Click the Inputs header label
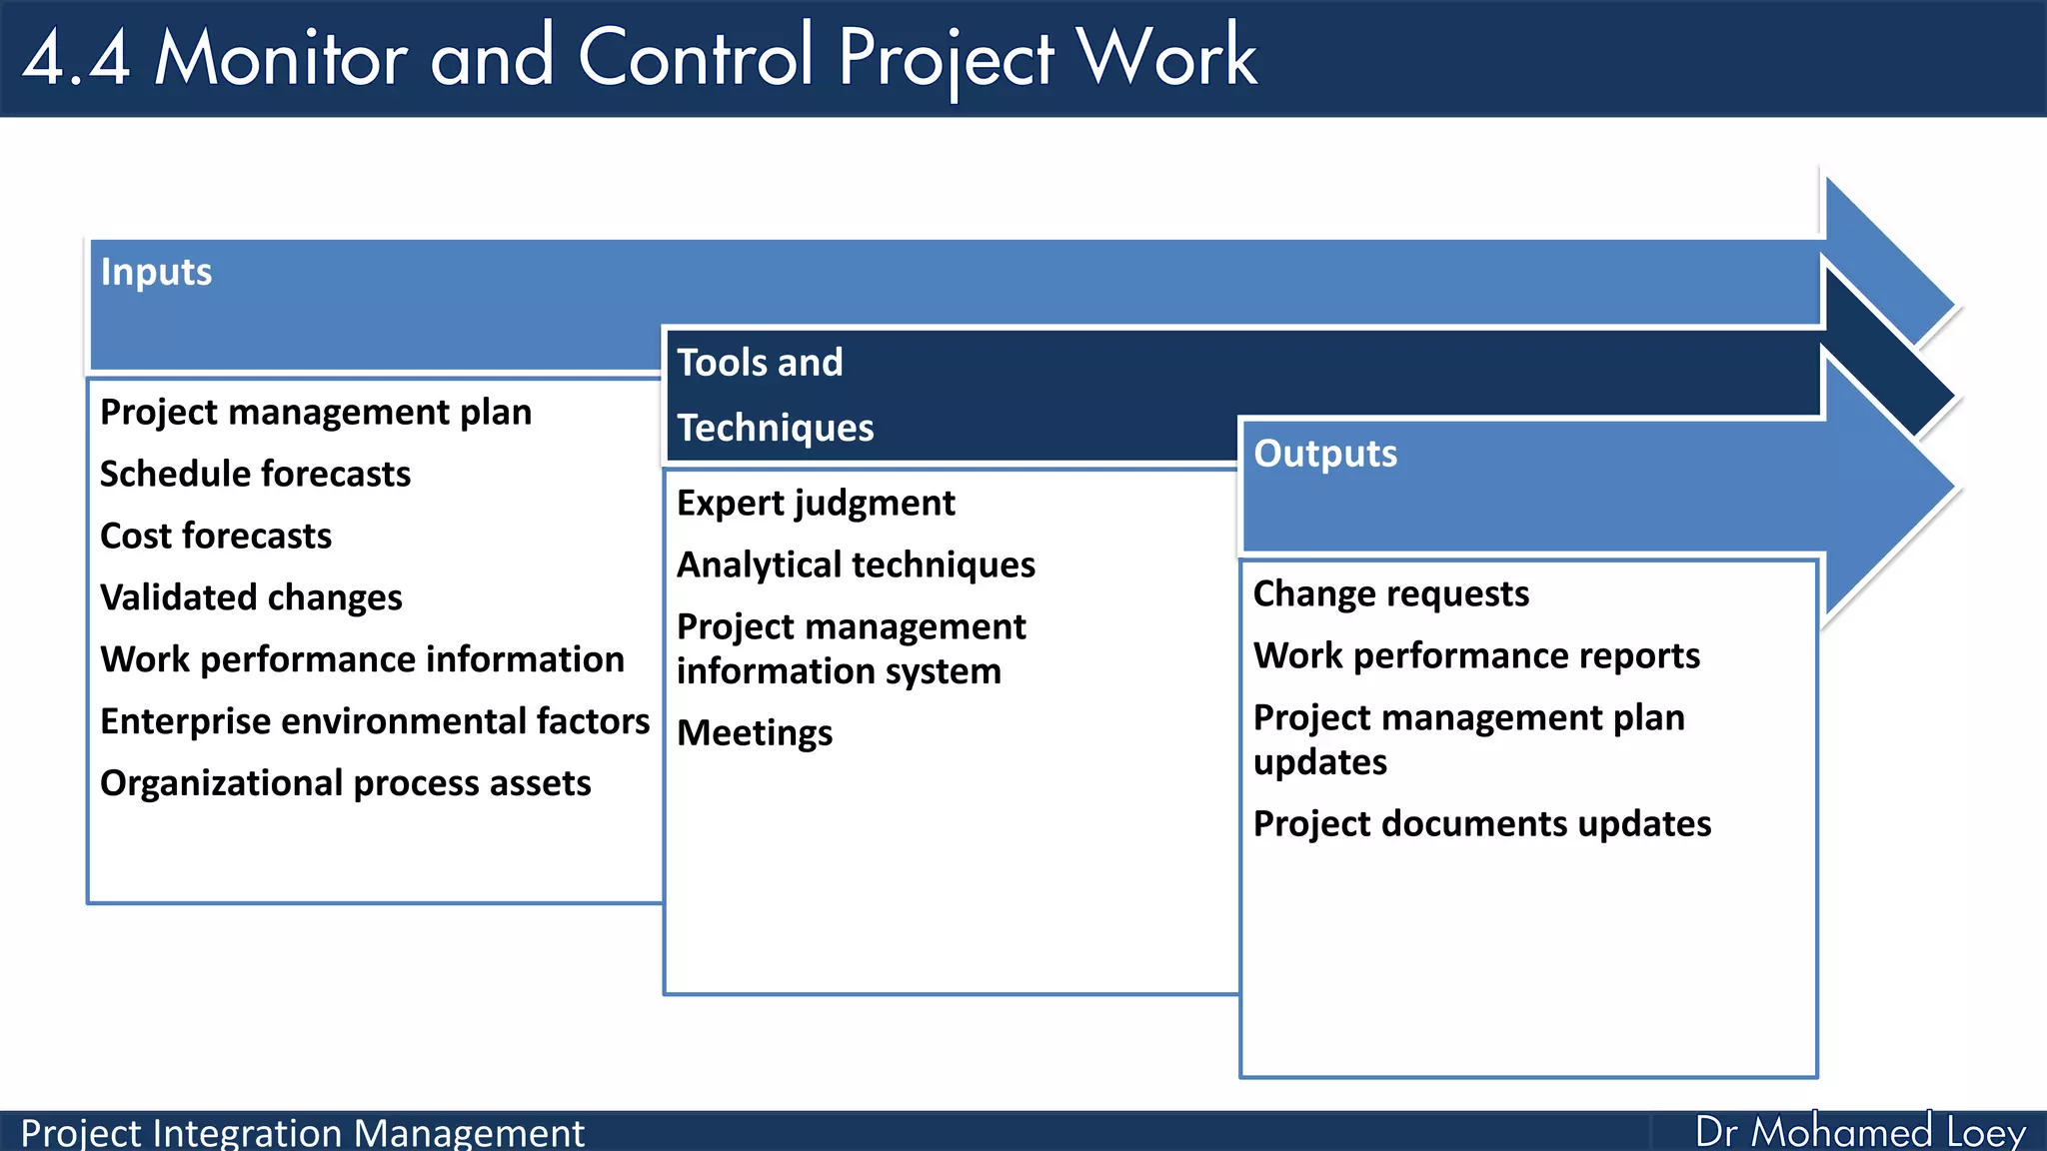(x=156, y=272)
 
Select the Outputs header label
(x=1325, y=454)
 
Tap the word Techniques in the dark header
(x=775, y=428)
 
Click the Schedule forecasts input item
(x=255, y=474)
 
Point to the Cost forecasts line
(x=216, y=536)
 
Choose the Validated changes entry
(x=251, y=597)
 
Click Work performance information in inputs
(x=362, y=659)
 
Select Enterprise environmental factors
(x=375, y=721)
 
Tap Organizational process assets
(x=345, y=783)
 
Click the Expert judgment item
(x=816, y=503)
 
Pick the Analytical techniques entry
(x=856, y=565)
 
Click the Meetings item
(x=755, y=732)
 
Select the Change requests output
(x=1390, y=593)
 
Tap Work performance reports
(x=1476, y=655)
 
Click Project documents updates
(x=1481, y=823)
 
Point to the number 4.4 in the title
(x=77, y=57)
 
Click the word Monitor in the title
(x=281, y=57)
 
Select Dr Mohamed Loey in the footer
(x=1859, y=1132)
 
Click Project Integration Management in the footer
(x=302, y=1133)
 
